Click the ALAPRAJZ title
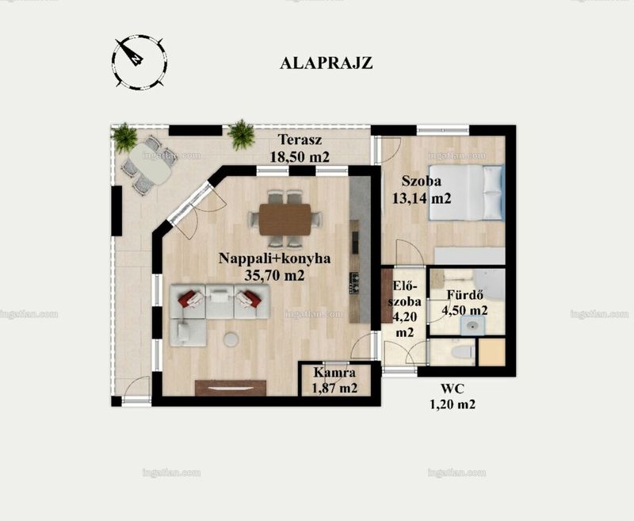click(x=326, y=63)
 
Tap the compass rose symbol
click(x=139, y=62)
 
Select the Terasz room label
click(x=300, y=140)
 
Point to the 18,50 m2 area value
click(x=300, y=157)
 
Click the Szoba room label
click(x=422, y=181)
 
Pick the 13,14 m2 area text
click(x=422, y=198)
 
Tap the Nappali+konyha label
click(x=274, y=259)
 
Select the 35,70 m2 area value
click(x=274, y=275)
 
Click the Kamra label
click(x=334, y=373)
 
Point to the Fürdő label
click(x=464, y=295)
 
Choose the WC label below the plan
click(x=453, y=389)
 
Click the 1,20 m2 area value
click(x=453, y=404)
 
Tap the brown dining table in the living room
click(x=285, y=219)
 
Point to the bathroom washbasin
click(x=472, y=326)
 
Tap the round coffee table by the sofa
click(x=231, y=339)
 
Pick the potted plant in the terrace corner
click(x=124, y=137)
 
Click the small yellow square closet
click(x=491, y=352)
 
